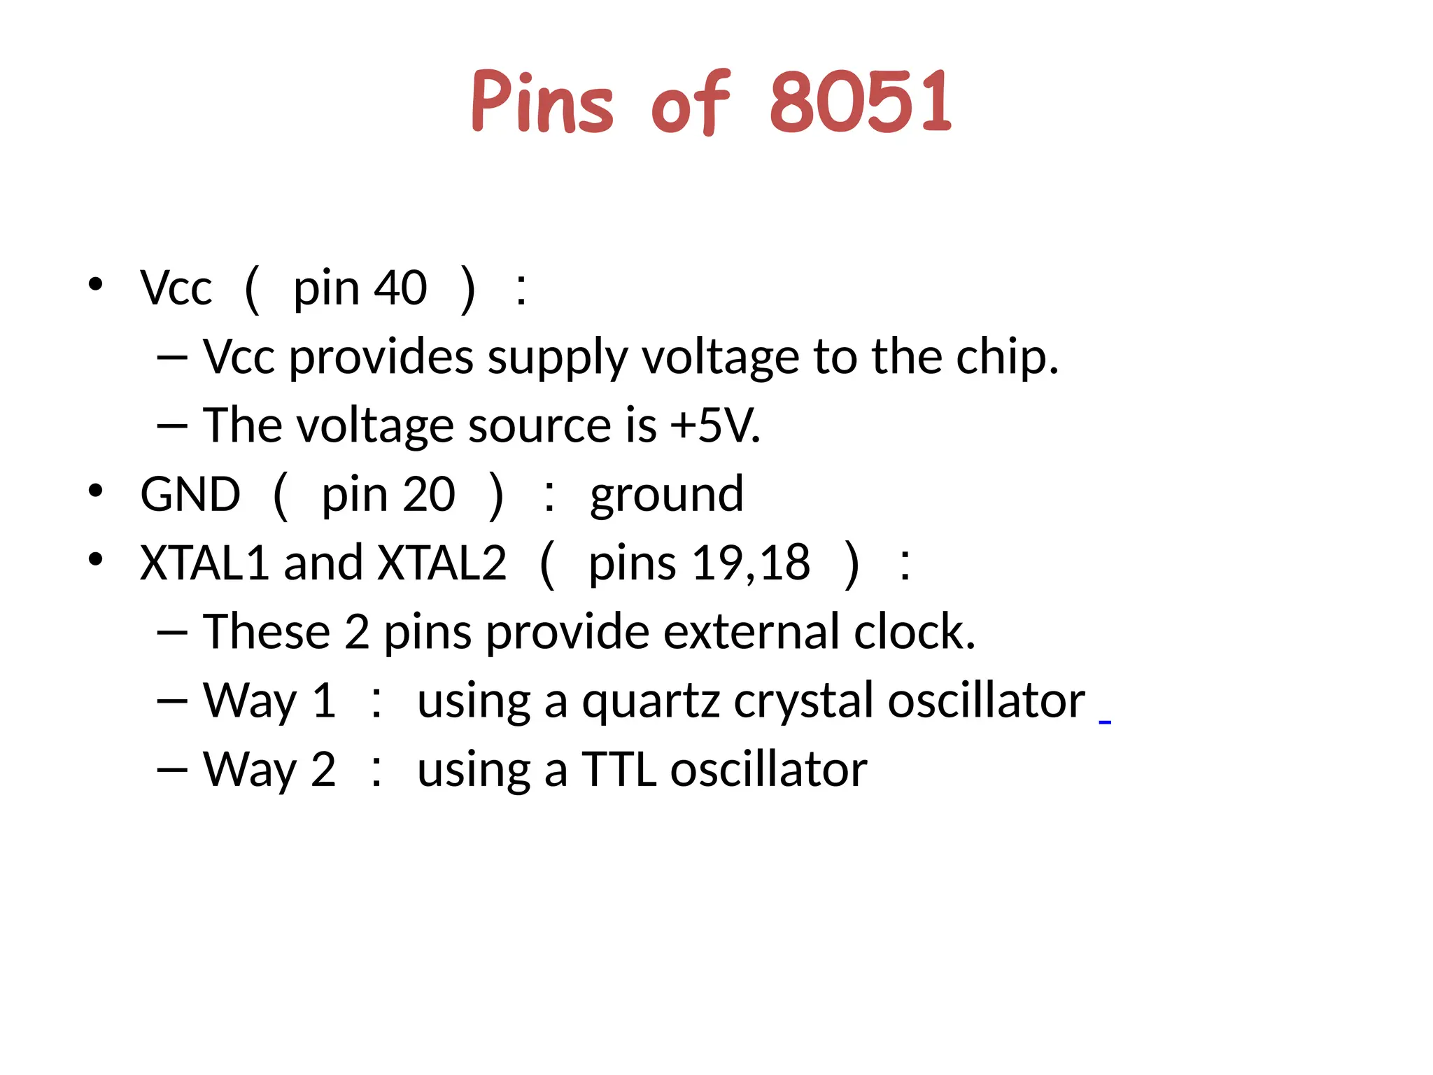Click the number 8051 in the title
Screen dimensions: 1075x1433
pos(861,102)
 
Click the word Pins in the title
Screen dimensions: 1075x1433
pos(542,102)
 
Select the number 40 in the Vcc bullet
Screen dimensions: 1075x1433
pos(400,288)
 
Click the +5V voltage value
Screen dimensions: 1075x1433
pos(714,426)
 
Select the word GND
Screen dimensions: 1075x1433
pos(190,495)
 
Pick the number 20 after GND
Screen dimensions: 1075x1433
pos(429,495)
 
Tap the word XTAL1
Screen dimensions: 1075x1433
pos(204,563)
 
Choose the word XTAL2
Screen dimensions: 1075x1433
pos(442,563)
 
